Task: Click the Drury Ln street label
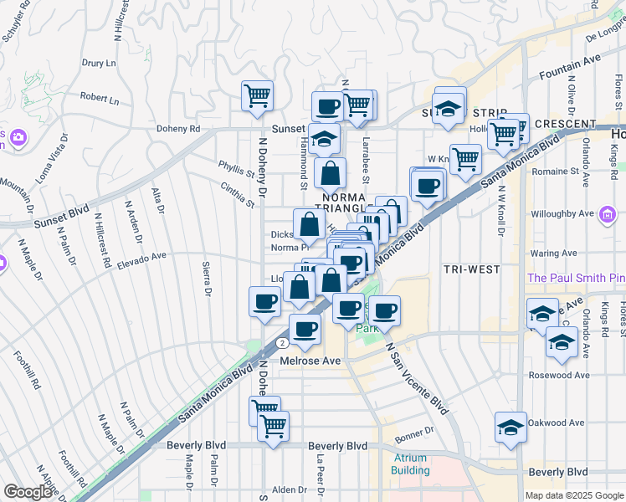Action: [99, 63]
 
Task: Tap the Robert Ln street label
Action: [101, 99]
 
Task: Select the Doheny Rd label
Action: [178, 130]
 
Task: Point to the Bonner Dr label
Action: [415, 436]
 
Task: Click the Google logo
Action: [28, 492]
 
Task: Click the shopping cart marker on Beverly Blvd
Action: [273, 425]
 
